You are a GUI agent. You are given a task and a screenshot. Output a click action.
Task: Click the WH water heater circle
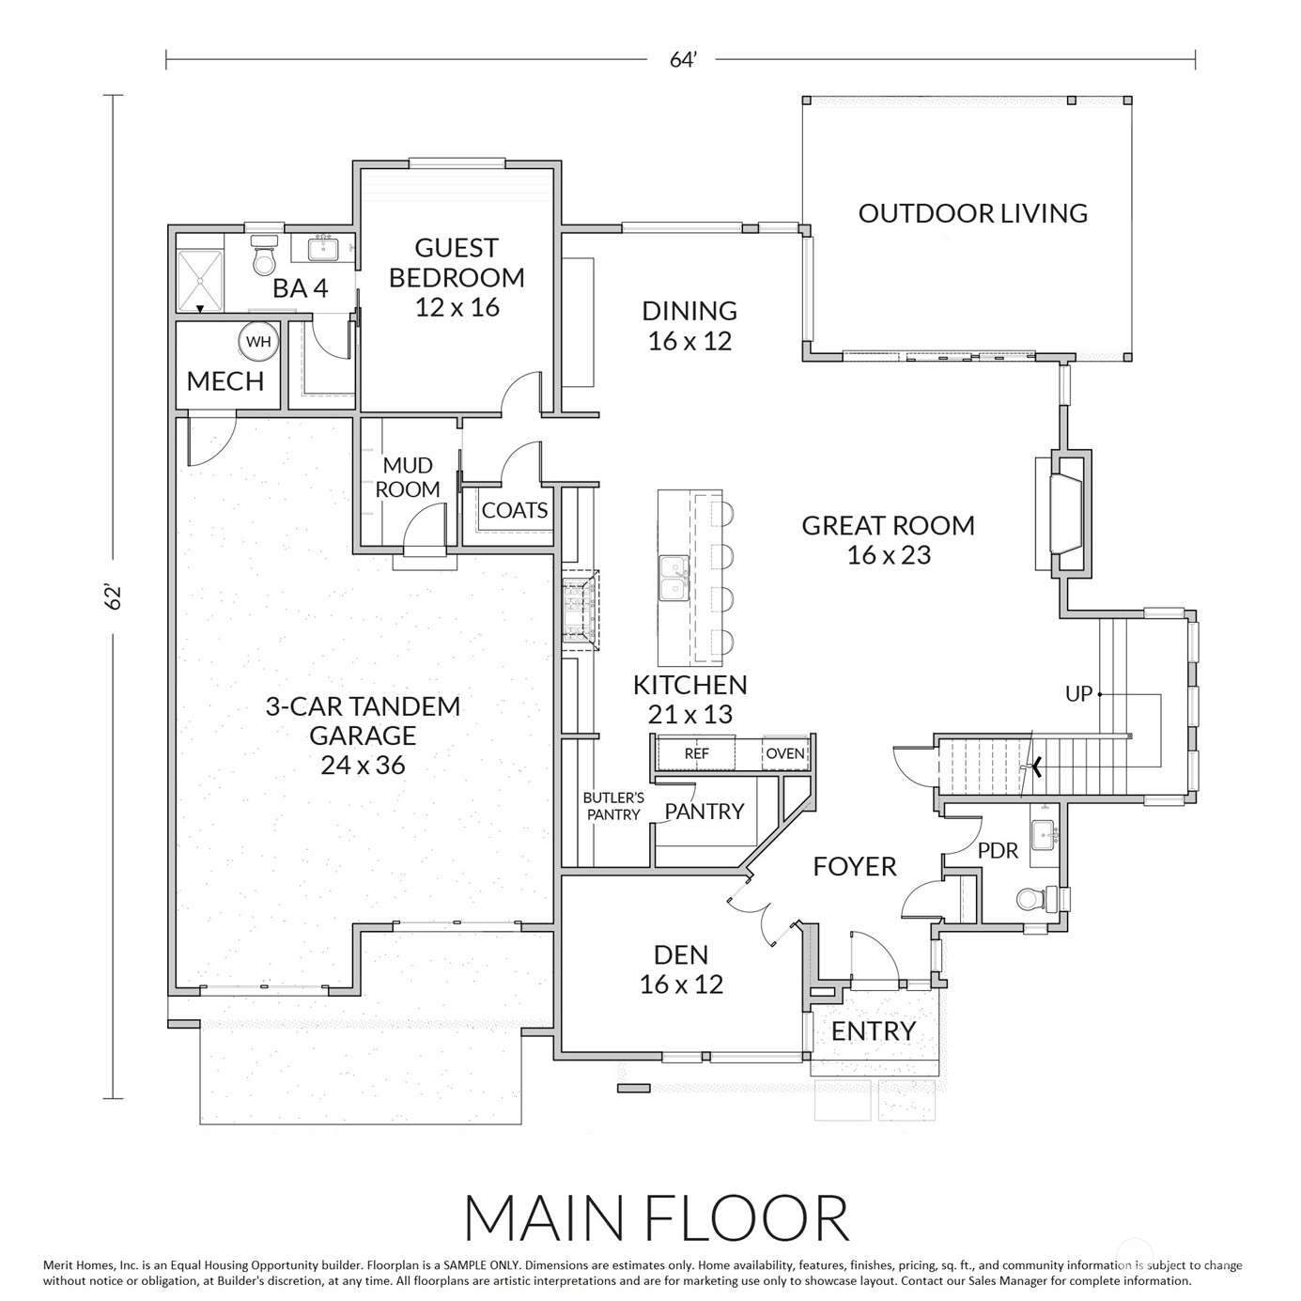point(258,342)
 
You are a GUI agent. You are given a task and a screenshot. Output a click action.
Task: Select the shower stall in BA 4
point(199,282)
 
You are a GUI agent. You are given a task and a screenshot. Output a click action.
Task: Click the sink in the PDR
point(1043,837)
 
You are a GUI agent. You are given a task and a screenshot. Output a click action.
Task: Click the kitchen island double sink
point(674,579)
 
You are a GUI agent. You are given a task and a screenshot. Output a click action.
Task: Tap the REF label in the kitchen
point(697,753)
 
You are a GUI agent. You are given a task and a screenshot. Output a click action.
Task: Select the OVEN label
point(785,753)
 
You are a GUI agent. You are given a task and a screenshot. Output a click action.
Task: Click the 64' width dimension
point(683,60)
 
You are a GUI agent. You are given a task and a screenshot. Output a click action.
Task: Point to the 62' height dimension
point(114,596)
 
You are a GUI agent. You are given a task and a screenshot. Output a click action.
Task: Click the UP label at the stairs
point(1078,693)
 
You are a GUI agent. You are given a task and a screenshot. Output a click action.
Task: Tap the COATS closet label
point(515,510)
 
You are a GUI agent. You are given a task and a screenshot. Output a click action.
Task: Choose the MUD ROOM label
point(407,477)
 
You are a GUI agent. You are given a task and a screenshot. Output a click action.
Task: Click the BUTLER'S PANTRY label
point(613,806)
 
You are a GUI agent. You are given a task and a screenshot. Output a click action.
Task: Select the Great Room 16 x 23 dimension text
point(889,555)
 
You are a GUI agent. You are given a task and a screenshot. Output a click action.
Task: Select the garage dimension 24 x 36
point(363,765)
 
